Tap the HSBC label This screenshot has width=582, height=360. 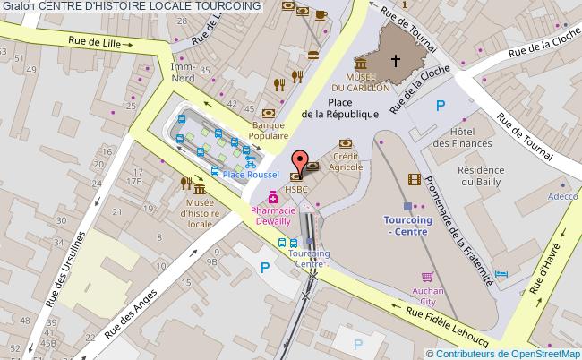point(297,189)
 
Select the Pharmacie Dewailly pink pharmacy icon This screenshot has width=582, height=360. point(285,198)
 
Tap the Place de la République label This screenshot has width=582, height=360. point(340,108)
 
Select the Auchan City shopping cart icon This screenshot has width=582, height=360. point(428,277)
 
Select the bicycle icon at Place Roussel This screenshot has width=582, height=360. point(251,163)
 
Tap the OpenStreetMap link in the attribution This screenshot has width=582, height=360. point(541,353)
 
